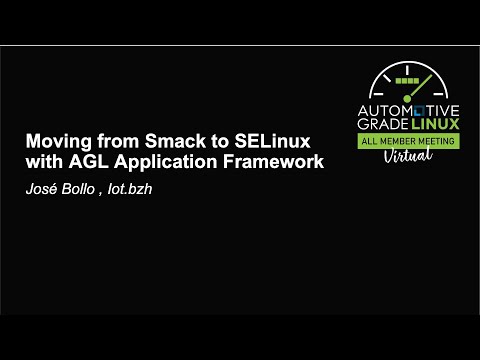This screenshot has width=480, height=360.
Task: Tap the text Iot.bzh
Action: point(128,184)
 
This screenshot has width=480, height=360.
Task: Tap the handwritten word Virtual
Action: point(410,156)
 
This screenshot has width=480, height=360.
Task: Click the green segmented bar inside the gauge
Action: point(407,77)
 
